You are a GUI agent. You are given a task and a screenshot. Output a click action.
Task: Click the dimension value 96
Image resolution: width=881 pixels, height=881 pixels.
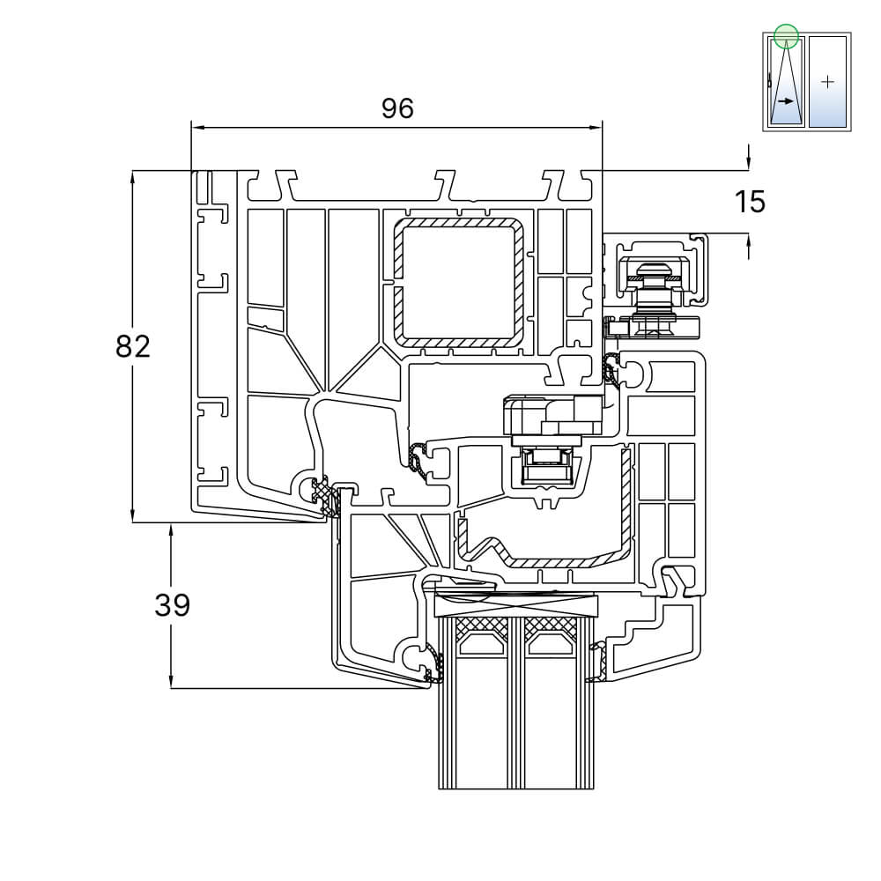click(397, 108)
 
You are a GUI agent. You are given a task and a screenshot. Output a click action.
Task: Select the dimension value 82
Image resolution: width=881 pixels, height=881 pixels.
click(133, 346)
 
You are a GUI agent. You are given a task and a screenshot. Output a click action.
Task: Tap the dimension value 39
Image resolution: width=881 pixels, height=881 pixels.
click(172, 605)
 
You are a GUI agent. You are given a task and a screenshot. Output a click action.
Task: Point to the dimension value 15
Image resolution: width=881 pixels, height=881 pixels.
click(750, 202)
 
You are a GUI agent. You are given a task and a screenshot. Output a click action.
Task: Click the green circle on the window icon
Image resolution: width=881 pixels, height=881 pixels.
click(786, 36)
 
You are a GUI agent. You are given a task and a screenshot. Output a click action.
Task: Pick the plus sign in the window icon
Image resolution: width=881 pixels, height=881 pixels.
click(826, 82)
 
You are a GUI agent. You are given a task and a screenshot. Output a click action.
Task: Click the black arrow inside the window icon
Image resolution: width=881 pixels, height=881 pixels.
click(787, 101)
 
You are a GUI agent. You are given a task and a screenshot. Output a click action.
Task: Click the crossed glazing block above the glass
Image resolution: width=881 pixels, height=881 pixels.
click(517, 606)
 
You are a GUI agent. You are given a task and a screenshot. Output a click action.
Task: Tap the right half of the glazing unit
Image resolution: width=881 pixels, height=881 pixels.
click(552, 722)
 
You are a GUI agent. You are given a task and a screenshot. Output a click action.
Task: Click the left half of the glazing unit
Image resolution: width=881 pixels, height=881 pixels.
click(481, 722)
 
